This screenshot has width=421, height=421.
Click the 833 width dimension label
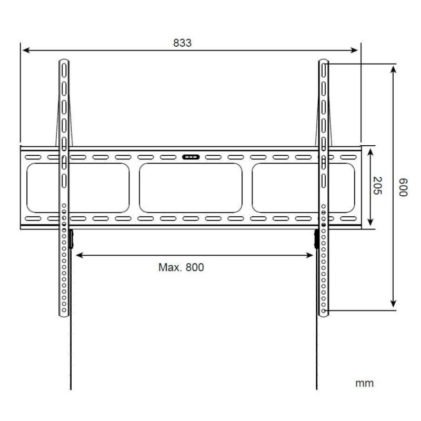click(x=183, y=43)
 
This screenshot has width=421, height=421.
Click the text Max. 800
click(x=181, y=267)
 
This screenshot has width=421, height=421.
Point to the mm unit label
click(x=365, y=383)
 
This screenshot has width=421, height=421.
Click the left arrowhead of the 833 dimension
click(x=24, y=51)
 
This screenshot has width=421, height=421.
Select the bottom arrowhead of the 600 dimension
click(x=393, y=306)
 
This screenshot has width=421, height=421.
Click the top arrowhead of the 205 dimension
click(x=371, y=151)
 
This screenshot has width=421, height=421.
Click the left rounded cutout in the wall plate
click(x=78, y=187)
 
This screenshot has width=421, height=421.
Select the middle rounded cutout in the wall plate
click(x=191, y=187)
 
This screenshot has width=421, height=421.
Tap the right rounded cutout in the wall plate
click(x=304, y=187)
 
